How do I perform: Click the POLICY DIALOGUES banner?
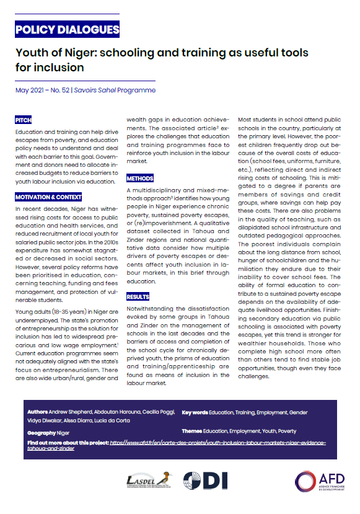coord(67,29)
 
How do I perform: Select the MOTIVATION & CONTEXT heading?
coord(48,197)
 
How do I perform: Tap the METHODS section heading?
coord(140,178)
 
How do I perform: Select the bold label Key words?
coord(195,412)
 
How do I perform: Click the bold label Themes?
coord(193,431)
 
